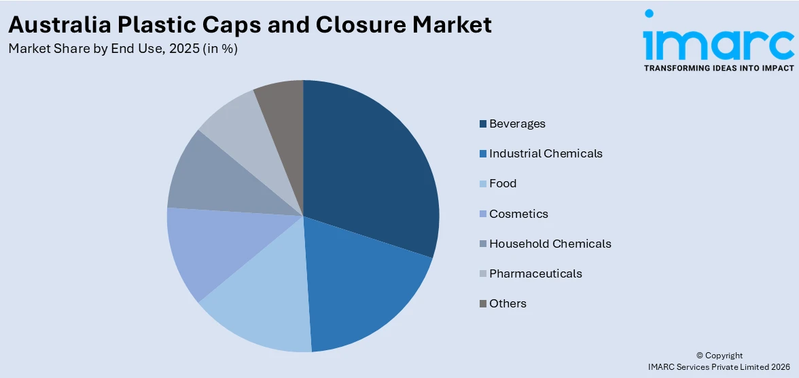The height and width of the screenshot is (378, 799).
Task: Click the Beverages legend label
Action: point(517,124)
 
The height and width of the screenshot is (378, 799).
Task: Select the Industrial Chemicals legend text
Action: point(546,153)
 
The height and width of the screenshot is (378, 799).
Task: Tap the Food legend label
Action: point(503,183)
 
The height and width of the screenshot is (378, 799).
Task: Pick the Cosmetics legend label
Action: point(518,214)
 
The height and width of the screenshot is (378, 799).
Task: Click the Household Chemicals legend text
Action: point(550,244)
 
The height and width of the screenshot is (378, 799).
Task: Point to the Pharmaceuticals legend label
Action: point(535,273)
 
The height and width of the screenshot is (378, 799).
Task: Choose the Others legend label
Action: point(508,303)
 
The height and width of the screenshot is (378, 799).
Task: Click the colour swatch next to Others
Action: point(483,304)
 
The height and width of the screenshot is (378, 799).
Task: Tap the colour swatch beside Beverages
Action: point(483,124)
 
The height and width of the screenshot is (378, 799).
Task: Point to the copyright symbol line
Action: point(720,356)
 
